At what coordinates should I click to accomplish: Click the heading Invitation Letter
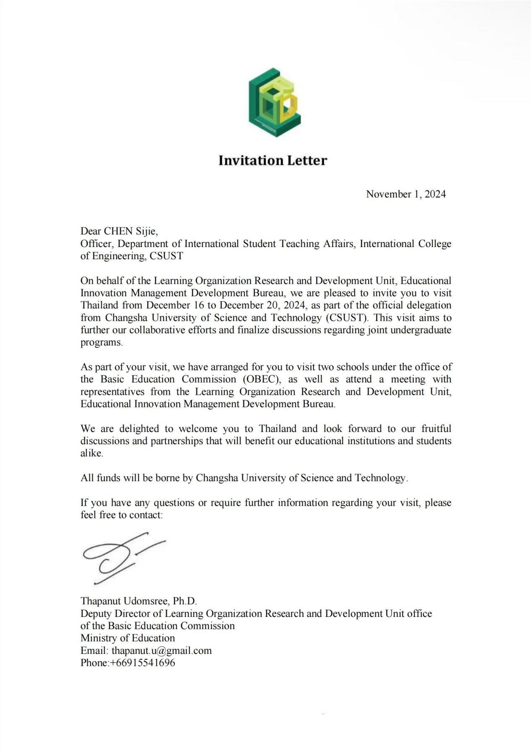tap(273, 161)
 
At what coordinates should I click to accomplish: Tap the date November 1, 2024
tap(406, 194)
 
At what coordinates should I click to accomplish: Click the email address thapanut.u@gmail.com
tap(162, 651)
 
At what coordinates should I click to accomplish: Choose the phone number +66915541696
tap(143, 663)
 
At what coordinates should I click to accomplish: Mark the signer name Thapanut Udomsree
tap(125, 601)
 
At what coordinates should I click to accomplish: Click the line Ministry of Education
tap(128, 638)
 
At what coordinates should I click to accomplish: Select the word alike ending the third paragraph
tap(91, 453)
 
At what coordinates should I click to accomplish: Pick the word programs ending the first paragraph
tap(101, 342)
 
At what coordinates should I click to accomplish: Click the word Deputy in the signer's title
tap(96, 614)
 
